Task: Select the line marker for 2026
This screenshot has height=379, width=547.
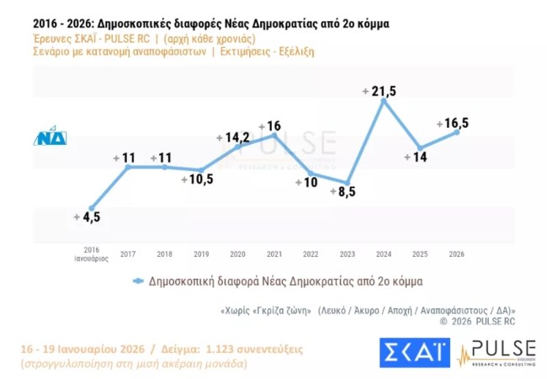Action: click(457, 131)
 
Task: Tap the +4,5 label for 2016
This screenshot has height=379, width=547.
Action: click(88, 216)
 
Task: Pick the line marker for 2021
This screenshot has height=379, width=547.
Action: click(274, 136)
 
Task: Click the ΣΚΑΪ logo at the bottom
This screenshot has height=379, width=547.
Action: click(414, 353)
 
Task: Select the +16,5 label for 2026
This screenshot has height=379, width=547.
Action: click(453, 123)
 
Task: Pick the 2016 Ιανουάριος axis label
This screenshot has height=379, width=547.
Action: click(92, 254)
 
